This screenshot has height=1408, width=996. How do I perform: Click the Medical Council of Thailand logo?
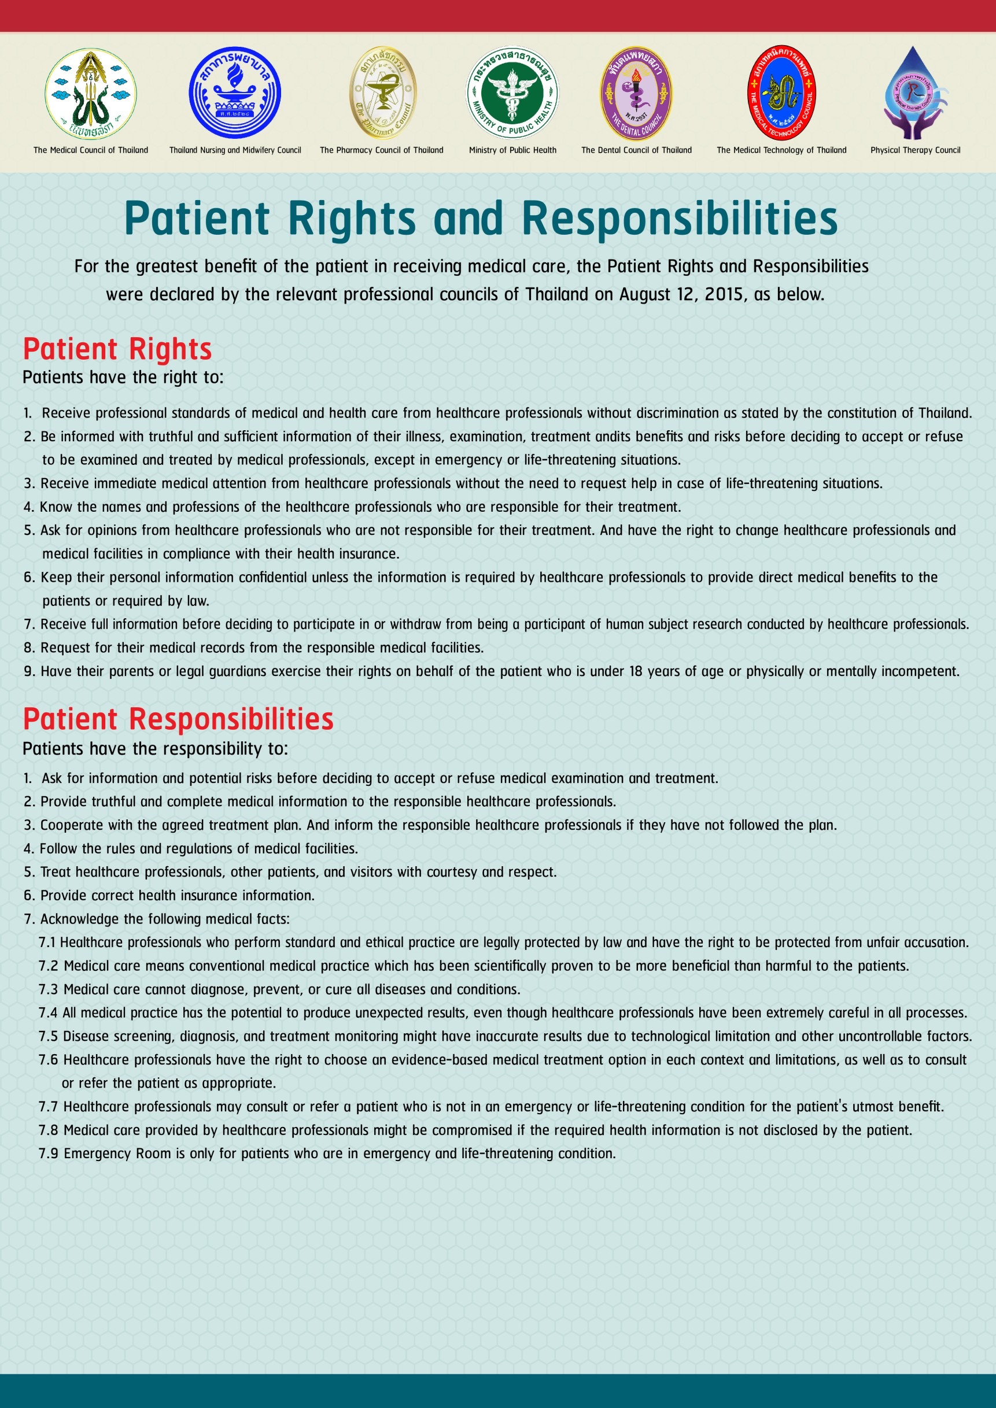[x=91, y=94]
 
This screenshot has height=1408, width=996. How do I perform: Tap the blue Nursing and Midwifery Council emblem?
[x=235, y=93]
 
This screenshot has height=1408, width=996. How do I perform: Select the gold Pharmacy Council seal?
[x=383, y=93]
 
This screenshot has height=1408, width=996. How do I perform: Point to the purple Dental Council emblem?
[x=636, y=93]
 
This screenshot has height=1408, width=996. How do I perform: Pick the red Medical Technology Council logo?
[x=781, y=93]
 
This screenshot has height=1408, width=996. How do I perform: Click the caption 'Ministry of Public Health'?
[x=512, y=150]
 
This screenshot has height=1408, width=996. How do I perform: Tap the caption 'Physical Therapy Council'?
[x=915, y=150]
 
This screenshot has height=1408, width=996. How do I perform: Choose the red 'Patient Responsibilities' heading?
[x=178, y=719]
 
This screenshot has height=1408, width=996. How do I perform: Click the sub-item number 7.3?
[x=49, y=990]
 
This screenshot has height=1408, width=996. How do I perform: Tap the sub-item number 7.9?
[x=49, y=1154]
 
